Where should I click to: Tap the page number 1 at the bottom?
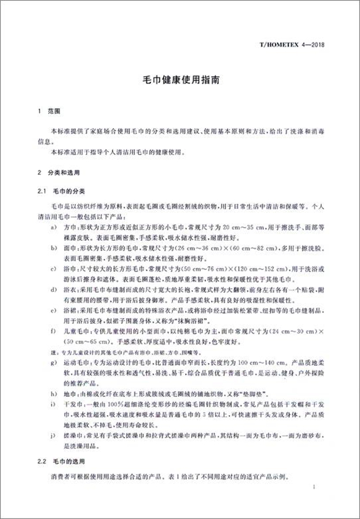[313, 488]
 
